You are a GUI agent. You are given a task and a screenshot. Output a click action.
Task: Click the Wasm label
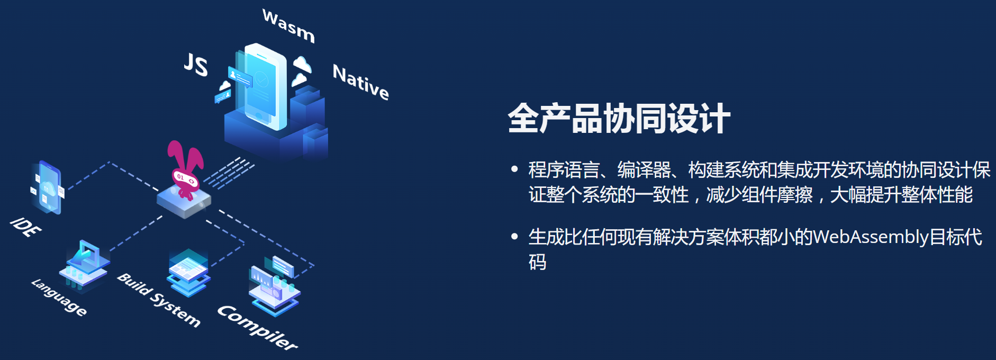coord(288,25)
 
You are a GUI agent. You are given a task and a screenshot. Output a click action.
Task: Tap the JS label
coord(196,65)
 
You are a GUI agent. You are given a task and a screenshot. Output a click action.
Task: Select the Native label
coord(361,82)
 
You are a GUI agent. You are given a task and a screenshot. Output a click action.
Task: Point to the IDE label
coord(25,227)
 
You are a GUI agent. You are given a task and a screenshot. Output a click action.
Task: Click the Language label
coord(59,298)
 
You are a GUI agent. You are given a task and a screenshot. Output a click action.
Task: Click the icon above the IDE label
coord(47,187)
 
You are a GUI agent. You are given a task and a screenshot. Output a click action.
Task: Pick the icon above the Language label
coord(85,265)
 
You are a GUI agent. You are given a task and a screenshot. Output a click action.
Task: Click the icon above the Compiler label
coord(274,285)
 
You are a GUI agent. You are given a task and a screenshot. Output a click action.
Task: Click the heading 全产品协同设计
coord(619,118)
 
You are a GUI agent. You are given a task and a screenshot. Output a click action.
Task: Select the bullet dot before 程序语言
coord(514,169)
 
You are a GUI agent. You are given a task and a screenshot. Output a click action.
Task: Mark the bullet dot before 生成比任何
coord(514,236)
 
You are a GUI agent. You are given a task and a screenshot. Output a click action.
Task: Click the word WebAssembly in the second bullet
coord(871,237)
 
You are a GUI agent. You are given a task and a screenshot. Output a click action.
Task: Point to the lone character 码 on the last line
coord(538,262)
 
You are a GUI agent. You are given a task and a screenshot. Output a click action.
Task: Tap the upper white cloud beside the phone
coord(302,64)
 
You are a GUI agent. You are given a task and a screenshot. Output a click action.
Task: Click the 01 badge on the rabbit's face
coord(180,176)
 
